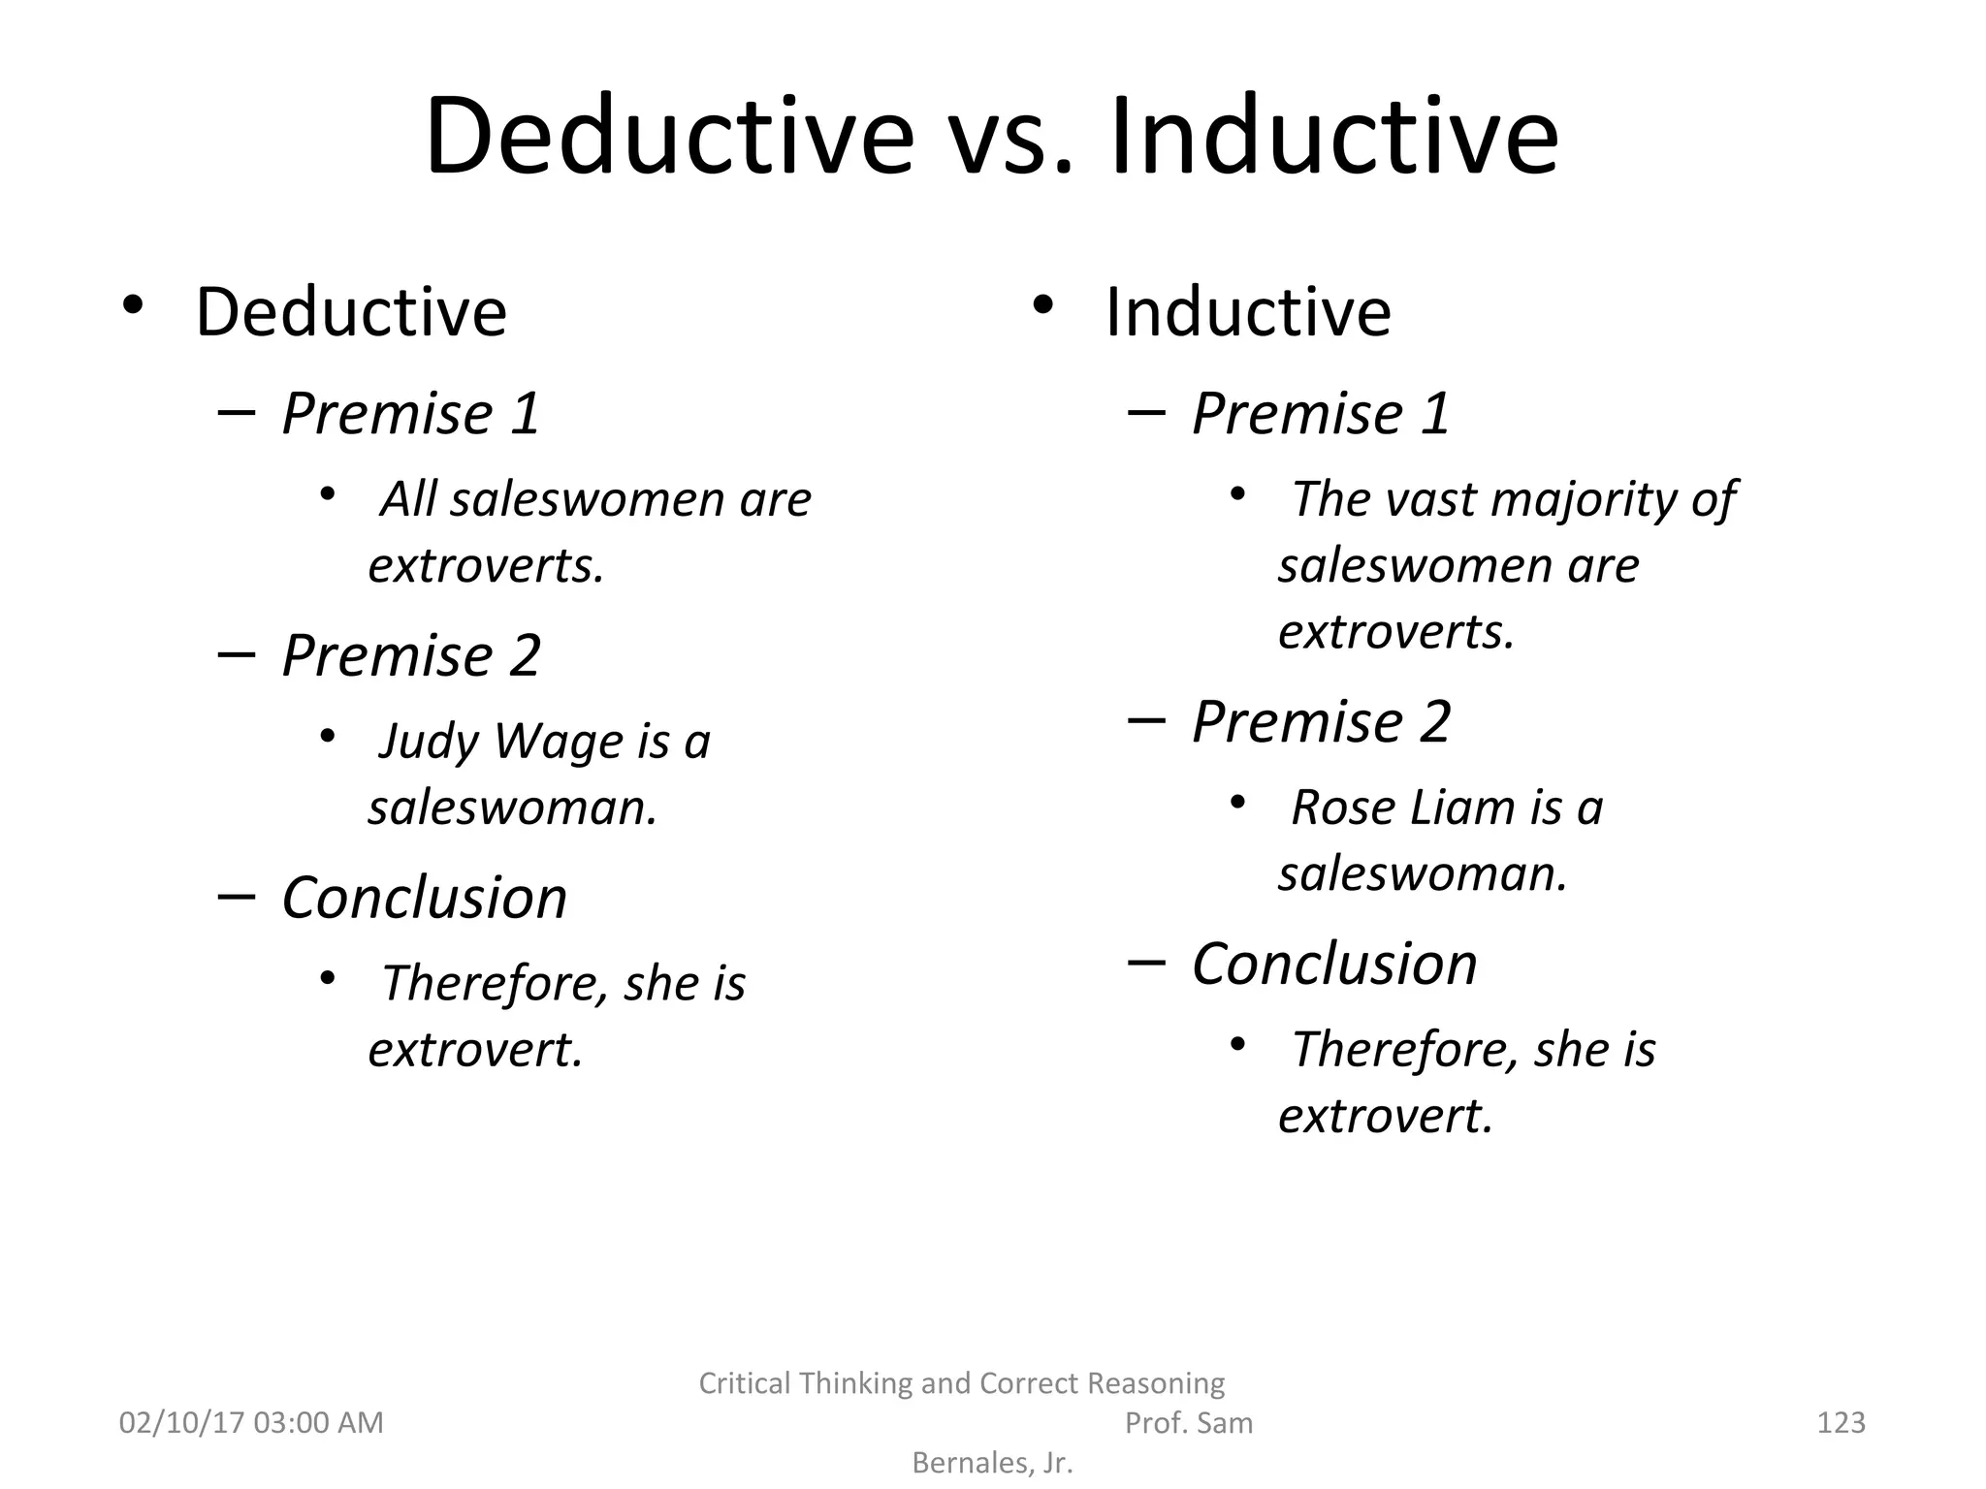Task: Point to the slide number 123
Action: click(x=1841, y=1422)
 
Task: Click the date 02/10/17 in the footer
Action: click(x=180, y=1422)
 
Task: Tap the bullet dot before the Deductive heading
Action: click(x=133, y=306)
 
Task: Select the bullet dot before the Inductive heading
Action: click(x=1042, y=306)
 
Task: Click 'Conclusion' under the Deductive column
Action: click(x=425, y=898)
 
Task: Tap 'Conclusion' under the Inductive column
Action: click(x=1334, y=965)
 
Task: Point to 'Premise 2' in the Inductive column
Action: click(x=1321, y=722)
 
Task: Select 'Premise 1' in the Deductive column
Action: click(x=411, y=414)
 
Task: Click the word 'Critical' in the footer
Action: click(x=745, y=1383)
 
